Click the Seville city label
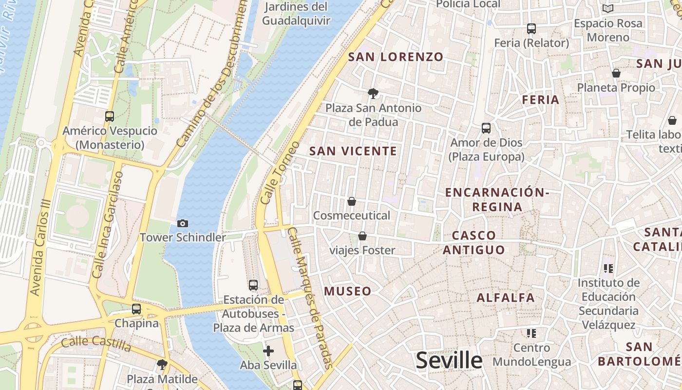tap(449, 361)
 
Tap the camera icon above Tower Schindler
tap(183, 223)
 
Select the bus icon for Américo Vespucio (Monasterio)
tap(110, 117)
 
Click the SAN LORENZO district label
tap(396, 57)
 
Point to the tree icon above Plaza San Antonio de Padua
tap(373, 93)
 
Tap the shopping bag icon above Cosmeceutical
tap(352, 201)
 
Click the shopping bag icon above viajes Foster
tap(362, 236)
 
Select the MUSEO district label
tap(348, 292)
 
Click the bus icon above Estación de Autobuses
tap(253, 285)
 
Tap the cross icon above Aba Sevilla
tap(268, 351)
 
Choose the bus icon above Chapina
tap(136, 309)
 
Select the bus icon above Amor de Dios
tap(486, 128)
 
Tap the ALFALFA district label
tap(506, 297)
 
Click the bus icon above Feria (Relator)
tap(531, 29)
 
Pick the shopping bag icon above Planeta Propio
tap(616, 74)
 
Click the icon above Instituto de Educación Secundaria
tap(608, 268)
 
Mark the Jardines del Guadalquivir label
tap(296, 14)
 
